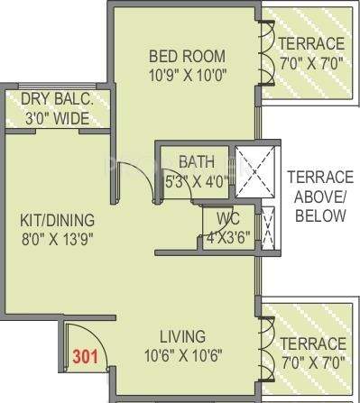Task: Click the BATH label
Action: [196, 162]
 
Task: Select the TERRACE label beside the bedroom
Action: [310, 44]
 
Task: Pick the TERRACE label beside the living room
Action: [310, 343]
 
